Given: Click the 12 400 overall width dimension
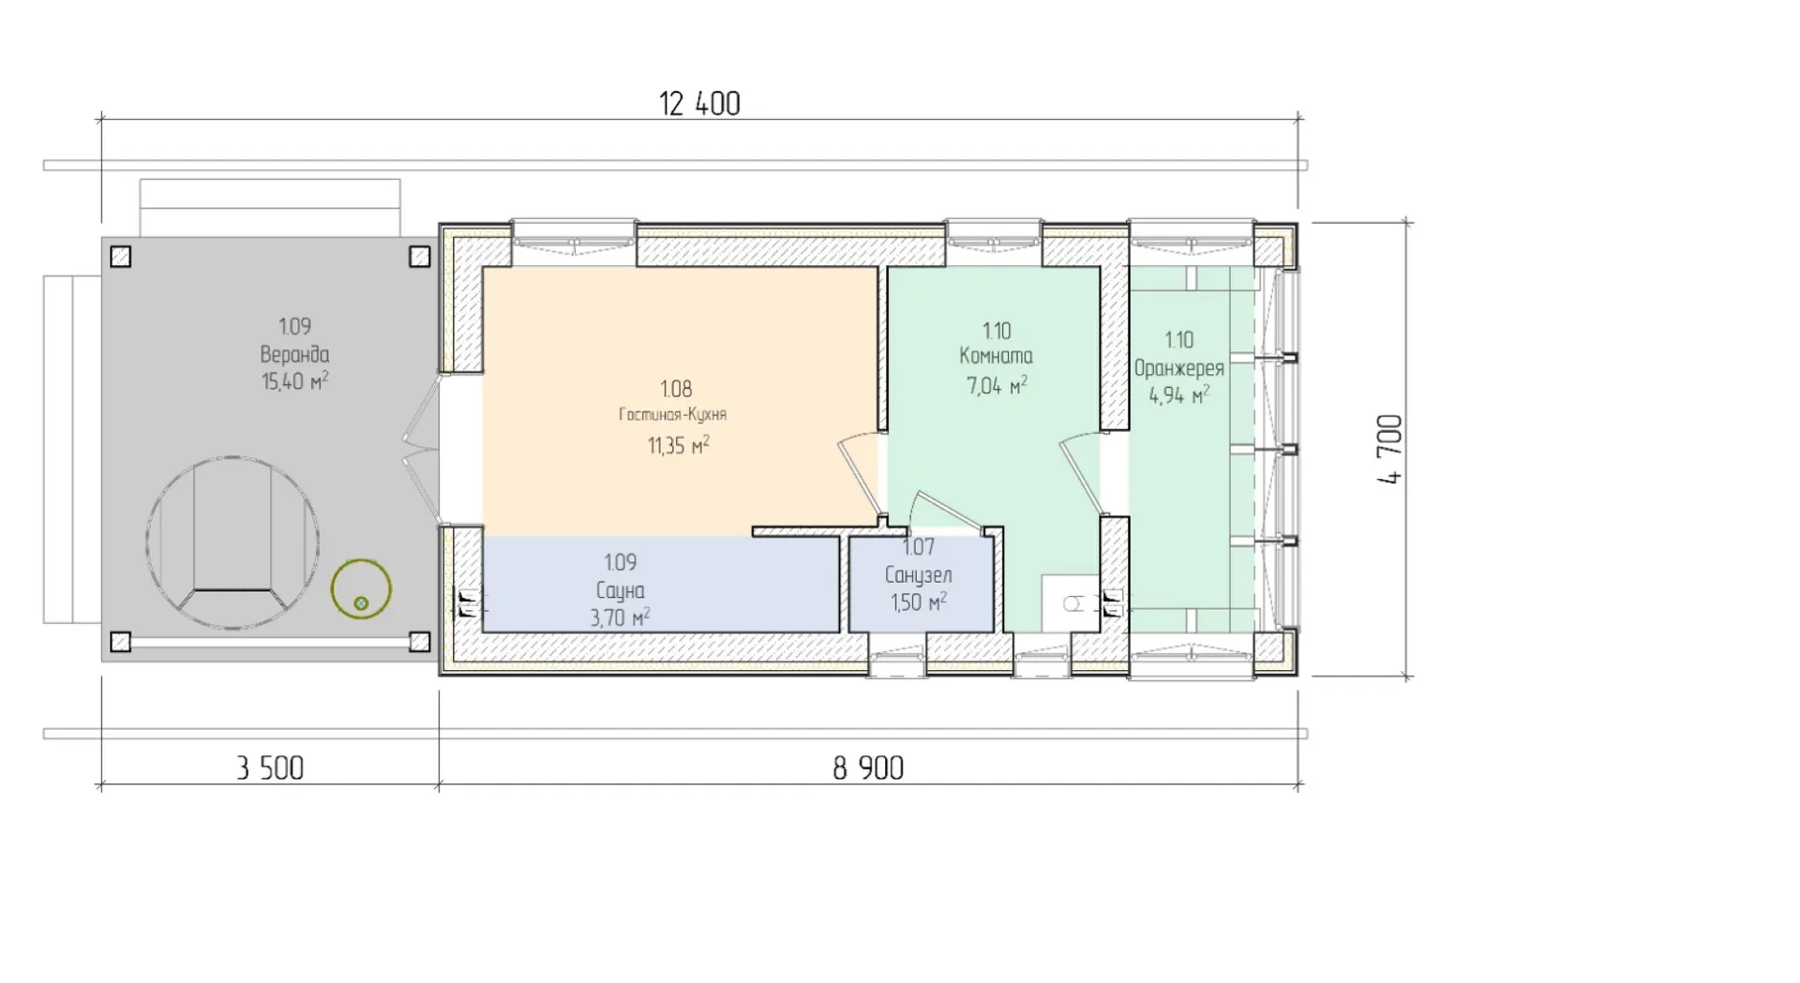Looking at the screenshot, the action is pos(699,103).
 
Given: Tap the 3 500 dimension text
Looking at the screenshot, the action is pos(270,768).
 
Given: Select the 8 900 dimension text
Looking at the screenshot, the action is pos(868,768).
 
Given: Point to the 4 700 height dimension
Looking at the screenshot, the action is pos(1390,449).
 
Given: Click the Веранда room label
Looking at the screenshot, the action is pos(294,354).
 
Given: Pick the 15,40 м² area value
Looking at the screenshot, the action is pos(294,380).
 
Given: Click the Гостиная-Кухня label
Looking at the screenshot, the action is pos(672,414).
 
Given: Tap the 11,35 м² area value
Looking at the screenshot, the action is pos(678,445).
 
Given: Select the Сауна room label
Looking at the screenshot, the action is pos(620,590).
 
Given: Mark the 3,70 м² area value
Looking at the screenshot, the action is pos(620,618).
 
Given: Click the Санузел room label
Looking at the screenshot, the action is pos(918,574).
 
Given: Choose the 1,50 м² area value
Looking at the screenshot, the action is pos(918,602).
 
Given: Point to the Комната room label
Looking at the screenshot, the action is pos(996,356).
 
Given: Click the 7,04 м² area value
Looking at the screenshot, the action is pos(997,385).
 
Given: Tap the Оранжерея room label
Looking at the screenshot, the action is pos(1179,368).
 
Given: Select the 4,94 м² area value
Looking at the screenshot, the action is pos(1179,395).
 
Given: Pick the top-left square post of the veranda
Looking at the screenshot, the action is pos(120,256).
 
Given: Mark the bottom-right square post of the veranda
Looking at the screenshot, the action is pos(419,642).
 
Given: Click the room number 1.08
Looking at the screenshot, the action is pos(676,389).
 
